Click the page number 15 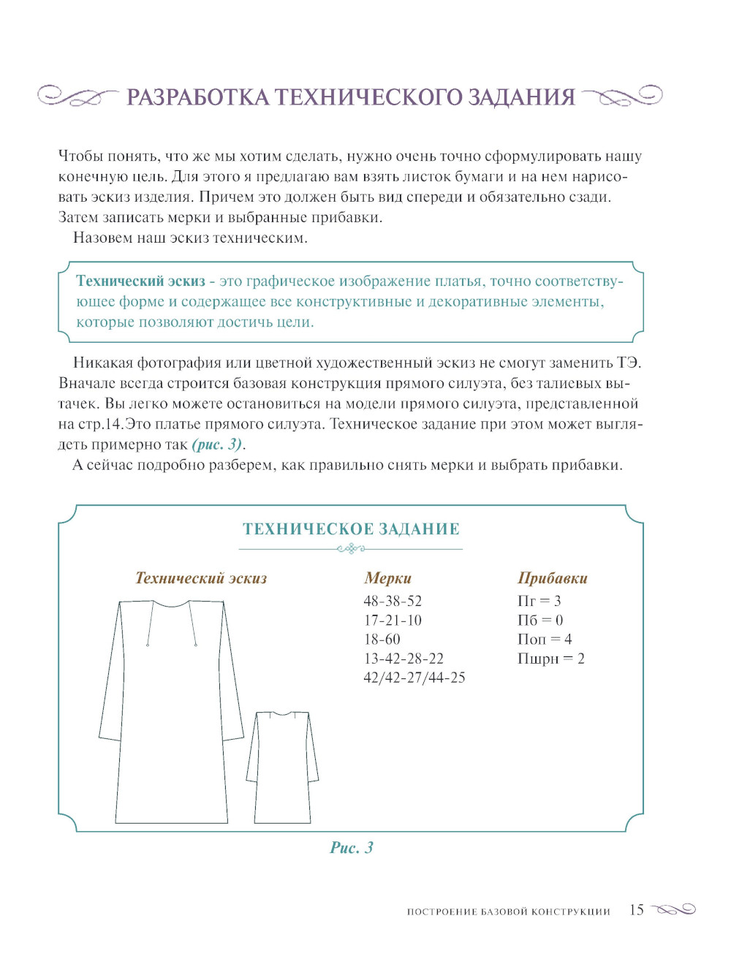pos(637,910)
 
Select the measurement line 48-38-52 pos(393,601)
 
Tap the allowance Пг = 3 pos(539,601)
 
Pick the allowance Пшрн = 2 pos(550,659)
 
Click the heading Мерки pos(387,578)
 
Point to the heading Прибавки pos(552,578)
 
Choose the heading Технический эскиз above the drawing pos(201,578)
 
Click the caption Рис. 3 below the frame pos(352,848)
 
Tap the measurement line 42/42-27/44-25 pos(414,678)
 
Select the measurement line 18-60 pos(382,640)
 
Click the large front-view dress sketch pos(171,716)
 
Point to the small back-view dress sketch pos(282,767)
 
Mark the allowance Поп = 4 pos(544,640)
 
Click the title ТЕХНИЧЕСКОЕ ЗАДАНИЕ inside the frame pos(351,529)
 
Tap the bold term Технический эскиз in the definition pos(140,281)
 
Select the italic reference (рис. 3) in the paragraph pos(217,444)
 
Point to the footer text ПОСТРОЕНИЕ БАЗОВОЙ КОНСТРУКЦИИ pos(508,911)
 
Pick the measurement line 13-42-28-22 pos(404,659)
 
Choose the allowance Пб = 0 pos(539,621)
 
